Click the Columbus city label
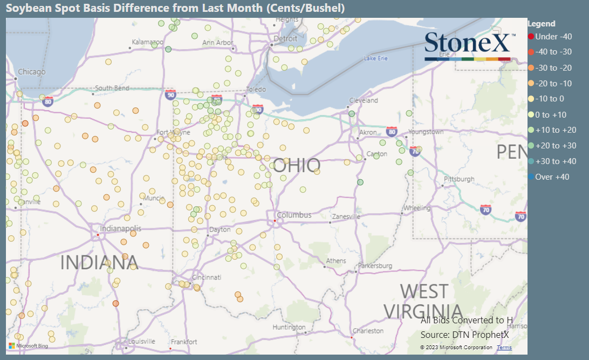point(294,215)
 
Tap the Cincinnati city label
point(206,277)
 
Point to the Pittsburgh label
point(458,179)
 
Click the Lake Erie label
point(376,58)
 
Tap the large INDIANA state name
point(99,262)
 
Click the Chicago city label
point(32,72)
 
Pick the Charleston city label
point(368,330)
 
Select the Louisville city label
point(142,341)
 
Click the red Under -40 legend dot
point(531,36)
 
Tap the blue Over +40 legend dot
point(531,176)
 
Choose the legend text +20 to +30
point(556,145)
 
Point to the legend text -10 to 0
point(550,98)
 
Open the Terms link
point(504,347)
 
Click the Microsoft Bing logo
point(29,345)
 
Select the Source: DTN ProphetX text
point(464,335)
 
